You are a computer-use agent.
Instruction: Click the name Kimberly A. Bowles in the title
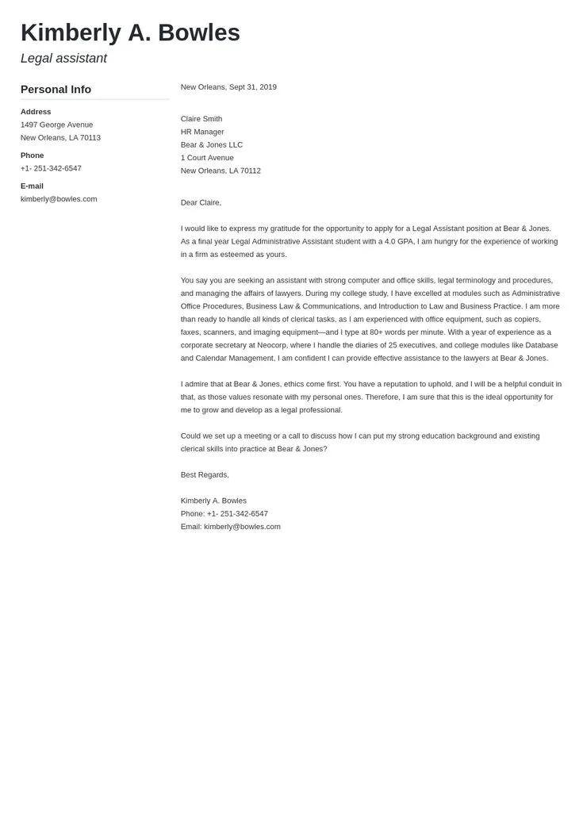pos(130,33)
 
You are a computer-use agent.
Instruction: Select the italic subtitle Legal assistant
pos(63,58)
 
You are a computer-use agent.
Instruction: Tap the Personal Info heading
pos(56,90)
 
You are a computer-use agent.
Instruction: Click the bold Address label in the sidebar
pos(36,112)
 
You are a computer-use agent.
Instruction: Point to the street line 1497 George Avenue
pos(56,125)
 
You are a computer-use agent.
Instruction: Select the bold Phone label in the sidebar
pos(33,155)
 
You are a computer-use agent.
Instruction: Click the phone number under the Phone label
pos(51,168)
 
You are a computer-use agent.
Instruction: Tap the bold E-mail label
pos(32,186)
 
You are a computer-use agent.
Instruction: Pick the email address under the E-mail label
pos(59,199)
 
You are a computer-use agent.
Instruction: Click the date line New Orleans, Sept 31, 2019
pos(228,87)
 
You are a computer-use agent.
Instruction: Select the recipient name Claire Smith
pos(201,119)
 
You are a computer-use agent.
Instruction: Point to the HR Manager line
pos(202,132)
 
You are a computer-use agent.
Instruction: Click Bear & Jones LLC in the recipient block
pos(212,145)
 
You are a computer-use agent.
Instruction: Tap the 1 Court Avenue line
pos(207,158)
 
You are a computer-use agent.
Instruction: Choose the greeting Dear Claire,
pos(201,202)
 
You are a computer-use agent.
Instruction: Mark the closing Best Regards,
pos(205,474)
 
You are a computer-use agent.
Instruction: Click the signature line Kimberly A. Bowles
pos(213,501)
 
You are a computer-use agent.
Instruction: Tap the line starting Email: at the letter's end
pos(230,527)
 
